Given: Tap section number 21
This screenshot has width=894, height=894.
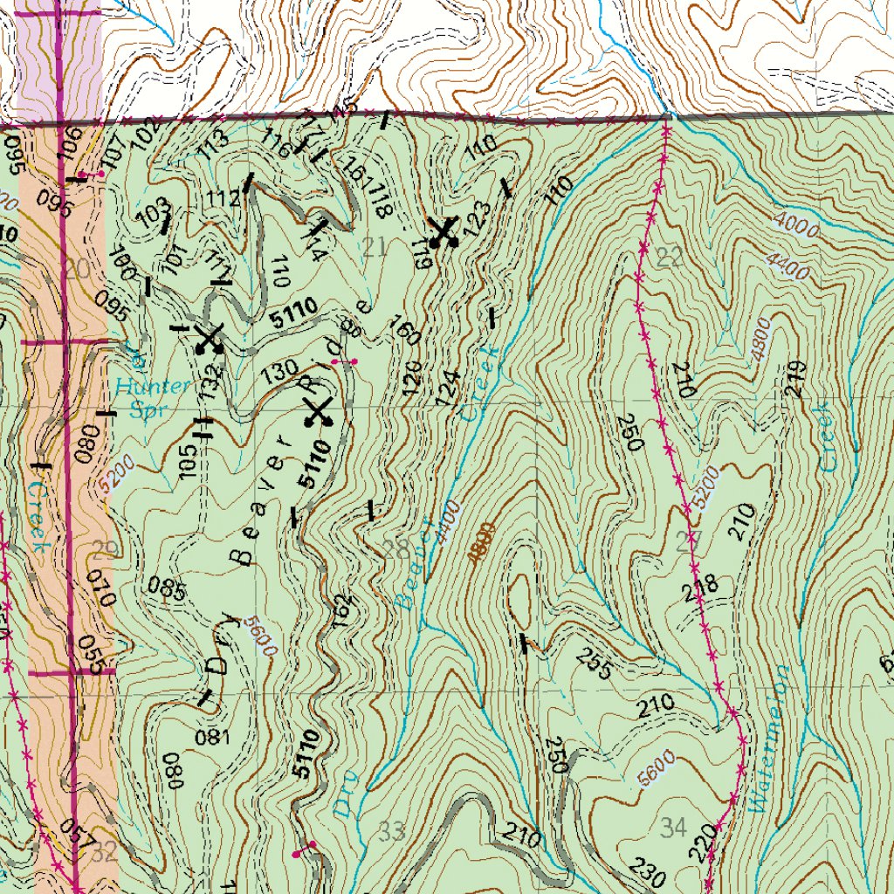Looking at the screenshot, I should [374, 247].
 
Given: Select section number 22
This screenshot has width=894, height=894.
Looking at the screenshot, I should [670, 257].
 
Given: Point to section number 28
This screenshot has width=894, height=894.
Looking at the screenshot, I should [395, 549].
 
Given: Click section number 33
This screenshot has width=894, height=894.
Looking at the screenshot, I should [393, 831].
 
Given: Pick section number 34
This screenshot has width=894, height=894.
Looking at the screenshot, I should [674, 825].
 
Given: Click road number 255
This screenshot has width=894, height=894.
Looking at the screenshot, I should [594, 666].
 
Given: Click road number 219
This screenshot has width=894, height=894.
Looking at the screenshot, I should [794, 380].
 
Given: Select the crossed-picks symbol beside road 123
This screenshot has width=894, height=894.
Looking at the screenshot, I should [444, 232].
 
